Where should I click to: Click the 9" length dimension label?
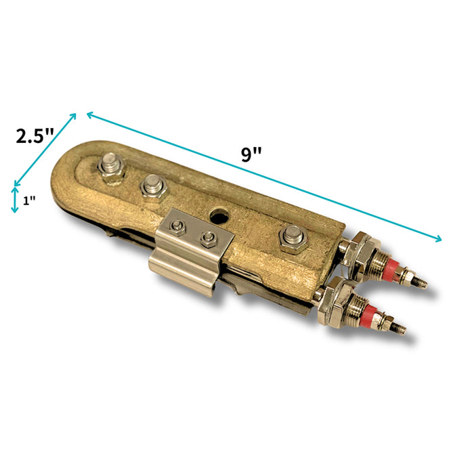[251, 154]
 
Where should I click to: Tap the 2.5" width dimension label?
[35, 136]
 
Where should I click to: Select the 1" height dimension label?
[29, 200]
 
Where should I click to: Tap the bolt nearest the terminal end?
[293, 238]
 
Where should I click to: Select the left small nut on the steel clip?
[177, 227]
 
